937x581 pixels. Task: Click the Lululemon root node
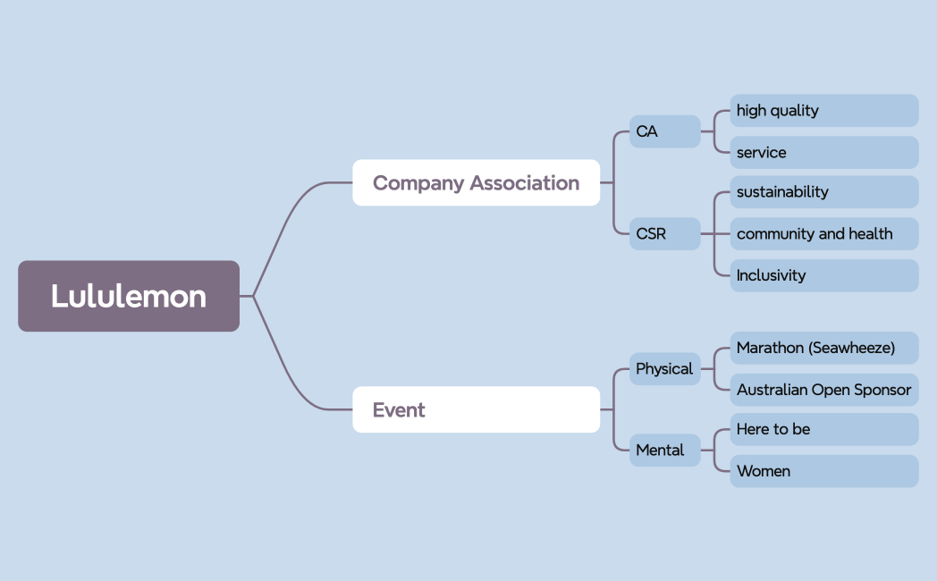[129, 296]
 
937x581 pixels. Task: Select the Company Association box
[476, 182]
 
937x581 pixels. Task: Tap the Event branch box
[476, 409]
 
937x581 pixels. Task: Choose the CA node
[664, 131]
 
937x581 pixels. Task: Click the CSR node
[664, 234]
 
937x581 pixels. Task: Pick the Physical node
[664, 368]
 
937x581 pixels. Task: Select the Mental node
[664, 450]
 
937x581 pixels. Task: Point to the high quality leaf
[823, 111]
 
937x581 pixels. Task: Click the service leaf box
[823, 152]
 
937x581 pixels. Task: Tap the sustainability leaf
[823, 192]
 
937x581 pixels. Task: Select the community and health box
[823, 234]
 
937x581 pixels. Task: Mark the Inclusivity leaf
[823, 275]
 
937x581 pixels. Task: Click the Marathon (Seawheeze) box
[823, 348]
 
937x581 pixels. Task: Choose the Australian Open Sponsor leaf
[823, 390]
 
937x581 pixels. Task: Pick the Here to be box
[823, 429]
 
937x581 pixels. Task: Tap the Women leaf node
[823, 471]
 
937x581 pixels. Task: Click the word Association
[525, 182]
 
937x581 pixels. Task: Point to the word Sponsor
[882, 390]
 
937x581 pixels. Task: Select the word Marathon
[770, 348]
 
